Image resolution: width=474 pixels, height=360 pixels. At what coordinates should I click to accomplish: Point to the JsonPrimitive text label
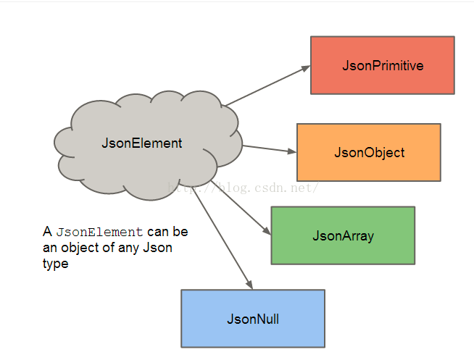tap(383, 66)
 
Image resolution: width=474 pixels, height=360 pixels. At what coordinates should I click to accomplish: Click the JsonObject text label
tap(369, 153)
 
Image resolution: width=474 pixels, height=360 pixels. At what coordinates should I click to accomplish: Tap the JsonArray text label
tap(343, 236)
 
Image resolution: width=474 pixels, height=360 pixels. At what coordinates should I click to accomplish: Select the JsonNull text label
tap(252, 319)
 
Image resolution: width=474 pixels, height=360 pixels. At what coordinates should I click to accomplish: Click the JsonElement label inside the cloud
tap(142, 143)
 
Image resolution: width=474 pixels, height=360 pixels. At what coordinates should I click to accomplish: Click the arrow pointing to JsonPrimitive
tap(265, 86)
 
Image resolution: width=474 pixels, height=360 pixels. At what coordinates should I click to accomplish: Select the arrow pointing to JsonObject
tap(268, 149)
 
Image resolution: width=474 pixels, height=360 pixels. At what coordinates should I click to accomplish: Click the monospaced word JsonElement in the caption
tap(99, 233)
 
